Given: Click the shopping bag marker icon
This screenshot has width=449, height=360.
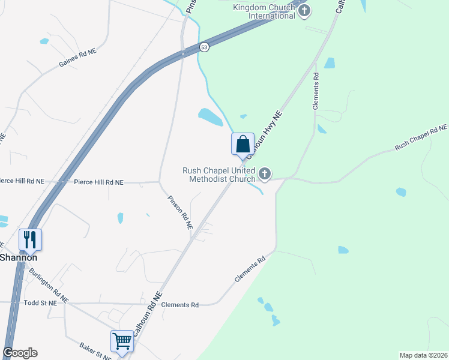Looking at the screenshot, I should pos(243,145).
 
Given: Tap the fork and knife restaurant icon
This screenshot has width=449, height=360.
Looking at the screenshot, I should pos(29,239).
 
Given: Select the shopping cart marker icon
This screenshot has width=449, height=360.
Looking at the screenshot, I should pos(122,341).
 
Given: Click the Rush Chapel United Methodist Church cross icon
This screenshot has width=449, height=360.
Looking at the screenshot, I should pos(264,175).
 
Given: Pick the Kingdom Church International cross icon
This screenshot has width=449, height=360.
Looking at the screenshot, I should pos(304,10).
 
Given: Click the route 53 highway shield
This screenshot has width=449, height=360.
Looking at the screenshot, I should pos(205,47).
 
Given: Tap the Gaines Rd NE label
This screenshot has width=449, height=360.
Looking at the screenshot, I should pos(77,58).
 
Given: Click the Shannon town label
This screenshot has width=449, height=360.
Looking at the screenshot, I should pos(19,257).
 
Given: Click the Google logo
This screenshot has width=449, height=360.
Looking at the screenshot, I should pos(20,353).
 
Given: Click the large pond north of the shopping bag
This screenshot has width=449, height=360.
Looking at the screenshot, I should pos(211,117).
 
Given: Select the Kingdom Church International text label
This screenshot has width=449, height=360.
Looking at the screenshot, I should pos(265,11).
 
